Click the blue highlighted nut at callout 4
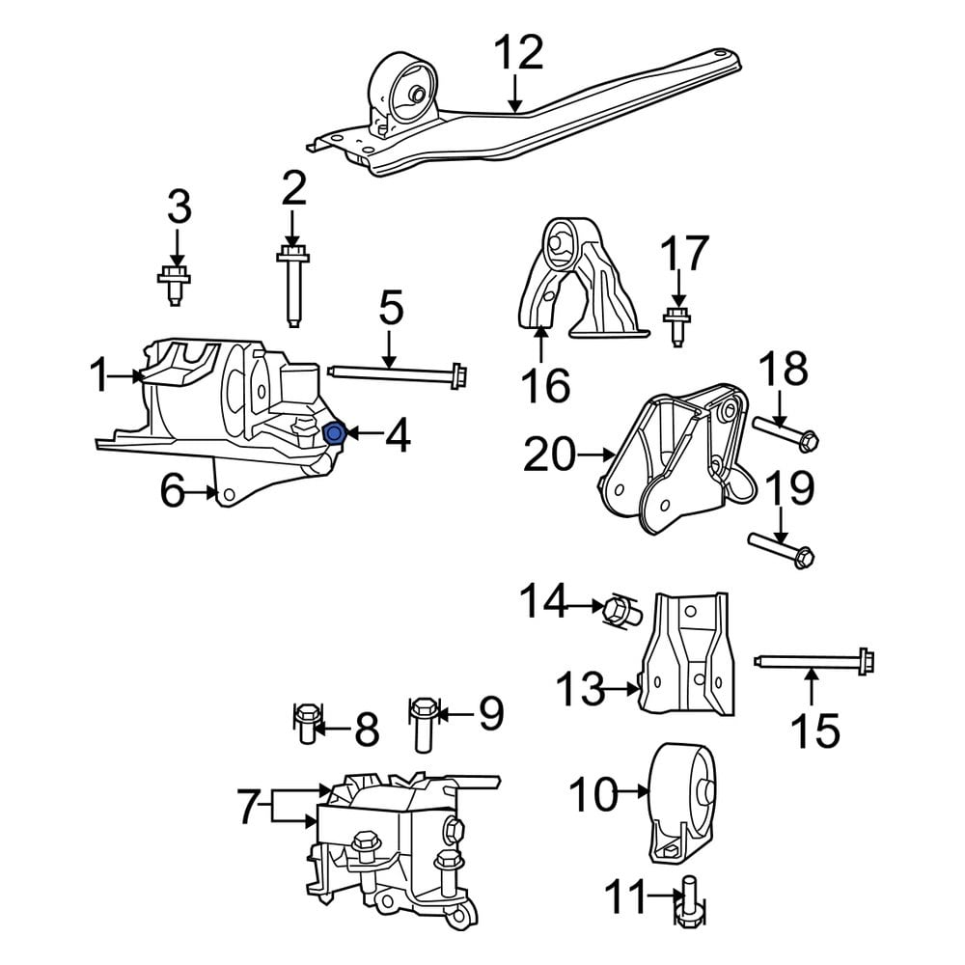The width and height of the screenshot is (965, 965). tap(334, 436)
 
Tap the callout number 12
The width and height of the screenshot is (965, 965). tap(517, 54)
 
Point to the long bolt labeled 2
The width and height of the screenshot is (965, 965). tap(292, 285)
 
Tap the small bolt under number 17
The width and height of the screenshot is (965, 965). tap(676, 322)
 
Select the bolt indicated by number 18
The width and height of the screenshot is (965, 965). tap(785, 430)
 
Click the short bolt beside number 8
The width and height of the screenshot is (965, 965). tap(306, 725)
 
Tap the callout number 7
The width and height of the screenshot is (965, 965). tap(248, 806)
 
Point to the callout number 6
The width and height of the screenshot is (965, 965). tap(172, 493)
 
